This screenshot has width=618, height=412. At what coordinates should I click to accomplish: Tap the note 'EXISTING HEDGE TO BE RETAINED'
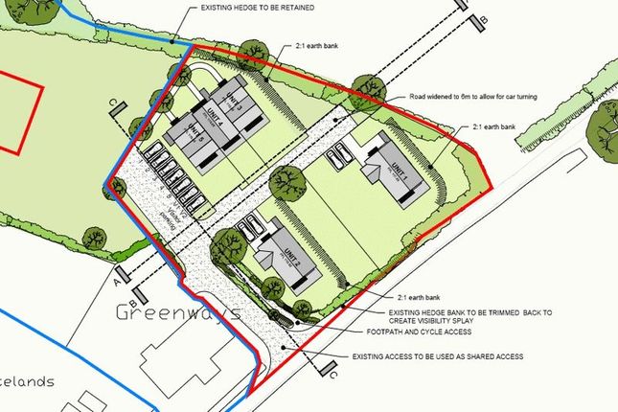[260, 7]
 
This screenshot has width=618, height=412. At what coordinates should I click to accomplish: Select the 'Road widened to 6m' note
[483, 96]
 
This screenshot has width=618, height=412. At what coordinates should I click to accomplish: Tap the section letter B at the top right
[484, 19]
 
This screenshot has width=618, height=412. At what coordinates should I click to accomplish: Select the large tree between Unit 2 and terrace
[284, 179]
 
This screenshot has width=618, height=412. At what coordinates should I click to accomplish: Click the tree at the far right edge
[606, 120]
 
